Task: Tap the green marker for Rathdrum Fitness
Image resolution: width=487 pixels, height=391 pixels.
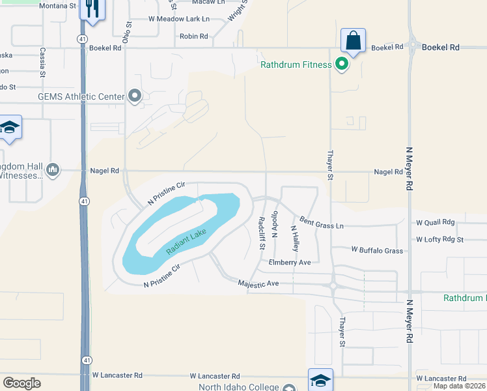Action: (341, 64)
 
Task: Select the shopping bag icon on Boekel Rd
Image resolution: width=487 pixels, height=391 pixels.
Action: (353, 40)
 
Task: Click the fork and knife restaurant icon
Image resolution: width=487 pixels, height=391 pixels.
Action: (91, 9)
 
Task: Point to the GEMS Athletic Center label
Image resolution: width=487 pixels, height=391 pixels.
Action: (81, 97)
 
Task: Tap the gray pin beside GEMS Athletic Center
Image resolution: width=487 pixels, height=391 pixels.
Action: (135, 96)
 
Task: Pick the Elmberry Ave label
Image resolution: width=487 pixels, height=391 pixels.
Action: (290, 262)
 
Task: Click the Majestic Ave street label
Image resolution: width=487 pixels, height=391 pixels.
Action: (258, 283)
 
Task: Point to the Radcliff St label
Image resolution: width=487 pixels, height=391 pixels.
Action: (261, 233)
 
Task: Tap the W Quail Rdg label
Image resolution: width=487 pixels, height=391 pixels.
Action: (436, 222)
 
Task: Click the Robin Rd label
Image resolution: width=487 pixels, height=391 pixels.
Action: (193, 36)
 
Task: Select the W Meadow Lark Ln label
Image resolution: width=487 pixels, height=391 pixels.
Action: (179, 19)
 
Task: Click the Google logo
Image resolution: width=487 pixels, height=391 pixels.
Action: (22, 383)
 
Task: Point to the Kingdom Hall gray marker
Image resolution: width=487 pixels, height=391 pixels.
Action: (53, 170)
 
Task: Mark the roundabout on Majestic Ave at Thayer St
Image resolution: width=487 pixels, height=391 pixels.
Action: (333, 285)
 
